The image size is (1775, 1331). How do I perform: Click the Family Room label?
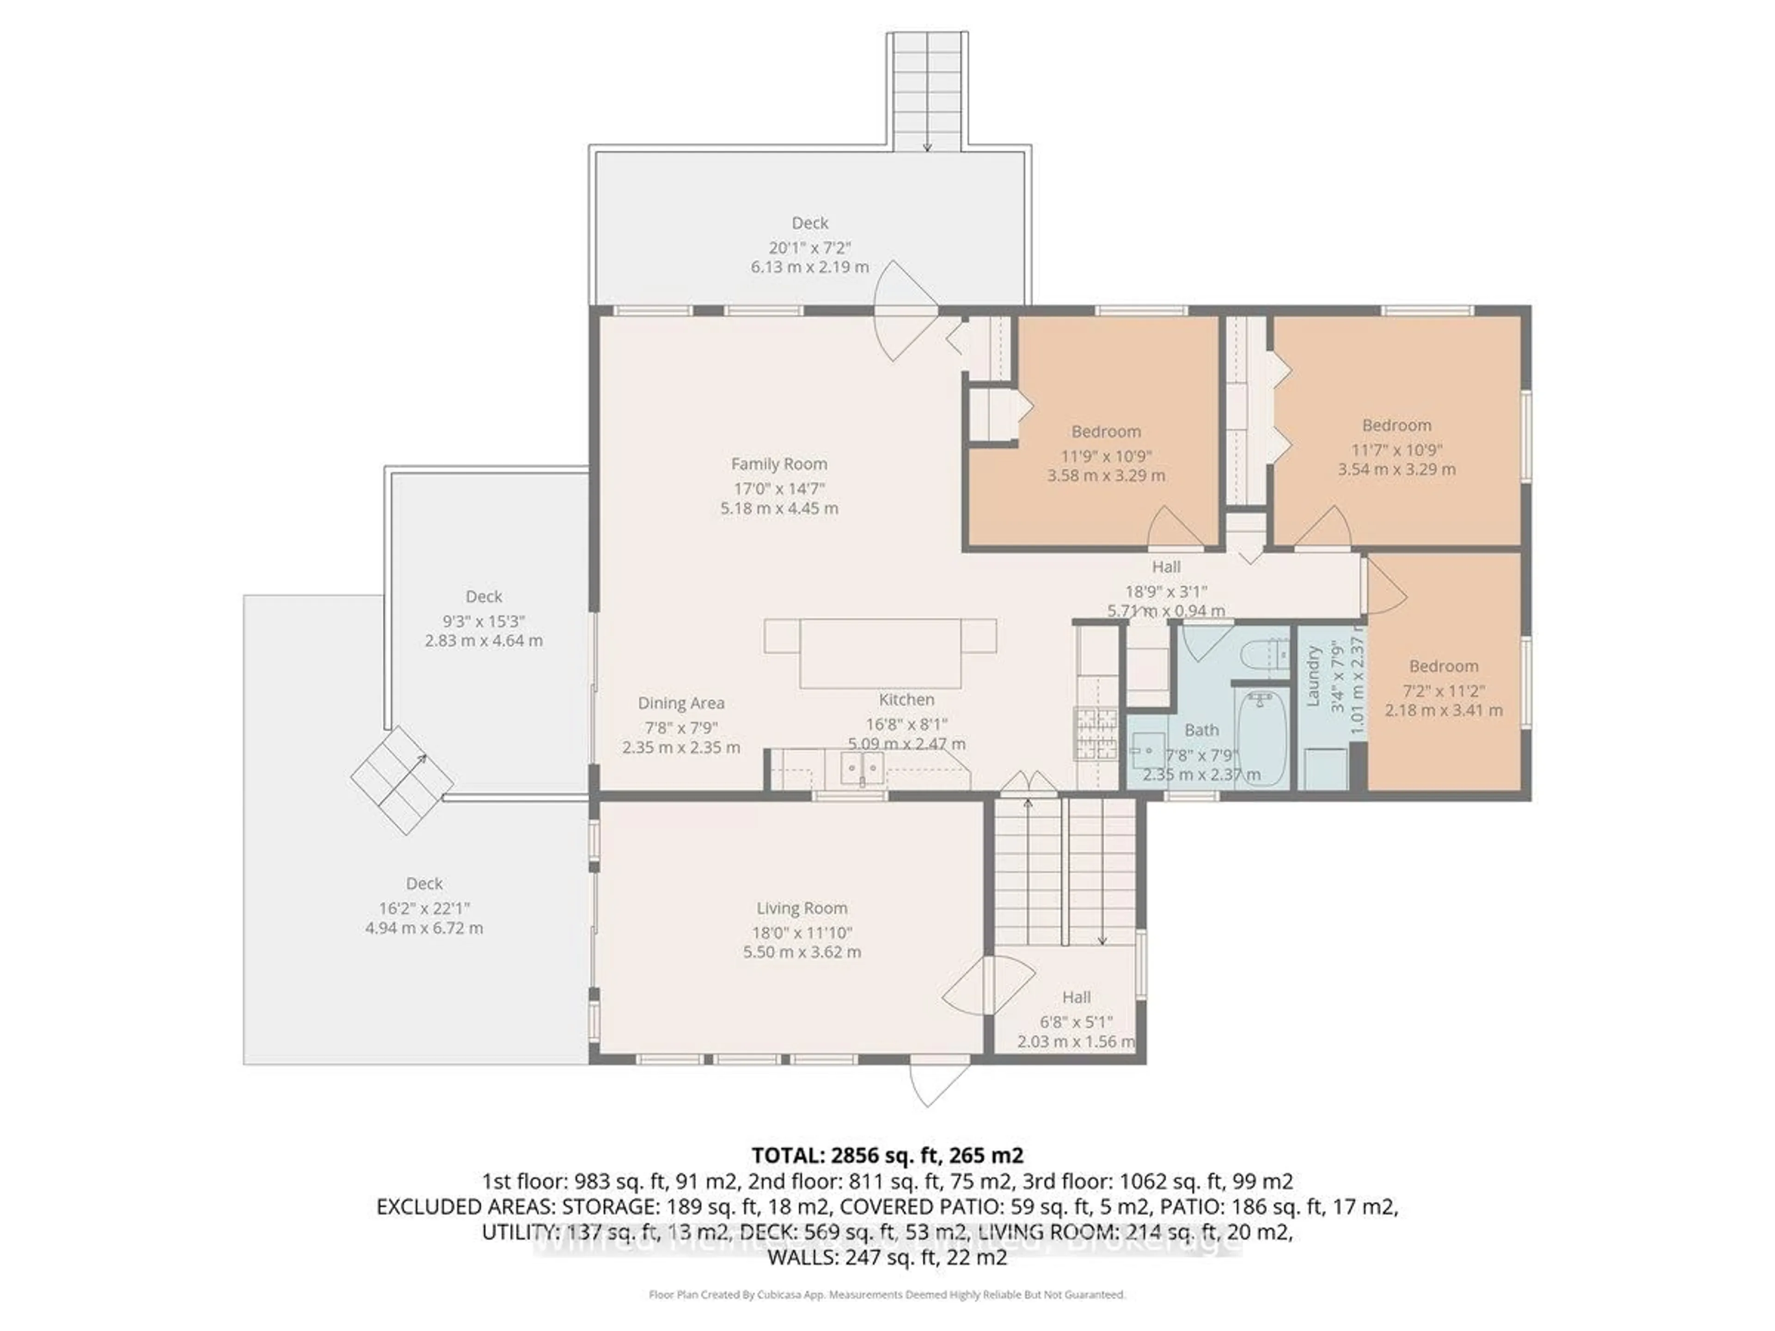coord(778,464)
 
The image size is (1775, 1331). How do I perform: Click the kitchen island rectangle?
coord(880,652)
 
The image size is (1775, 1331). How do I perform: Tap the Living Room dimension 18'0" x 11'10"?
coord(802,932)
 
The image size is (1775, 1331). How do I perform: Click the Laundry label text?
coord(1313,676)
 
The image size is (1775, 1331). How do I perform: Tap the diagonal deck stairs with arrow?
coord(402,781)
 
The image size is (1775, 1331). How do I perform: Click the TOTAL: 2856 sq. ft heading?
coord(887,1155)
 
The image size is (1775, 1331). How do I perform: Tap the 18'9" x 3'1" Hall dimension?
coord(1165,591)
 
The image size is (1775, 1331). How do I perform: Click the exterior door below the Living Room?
coord(939,1083)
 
